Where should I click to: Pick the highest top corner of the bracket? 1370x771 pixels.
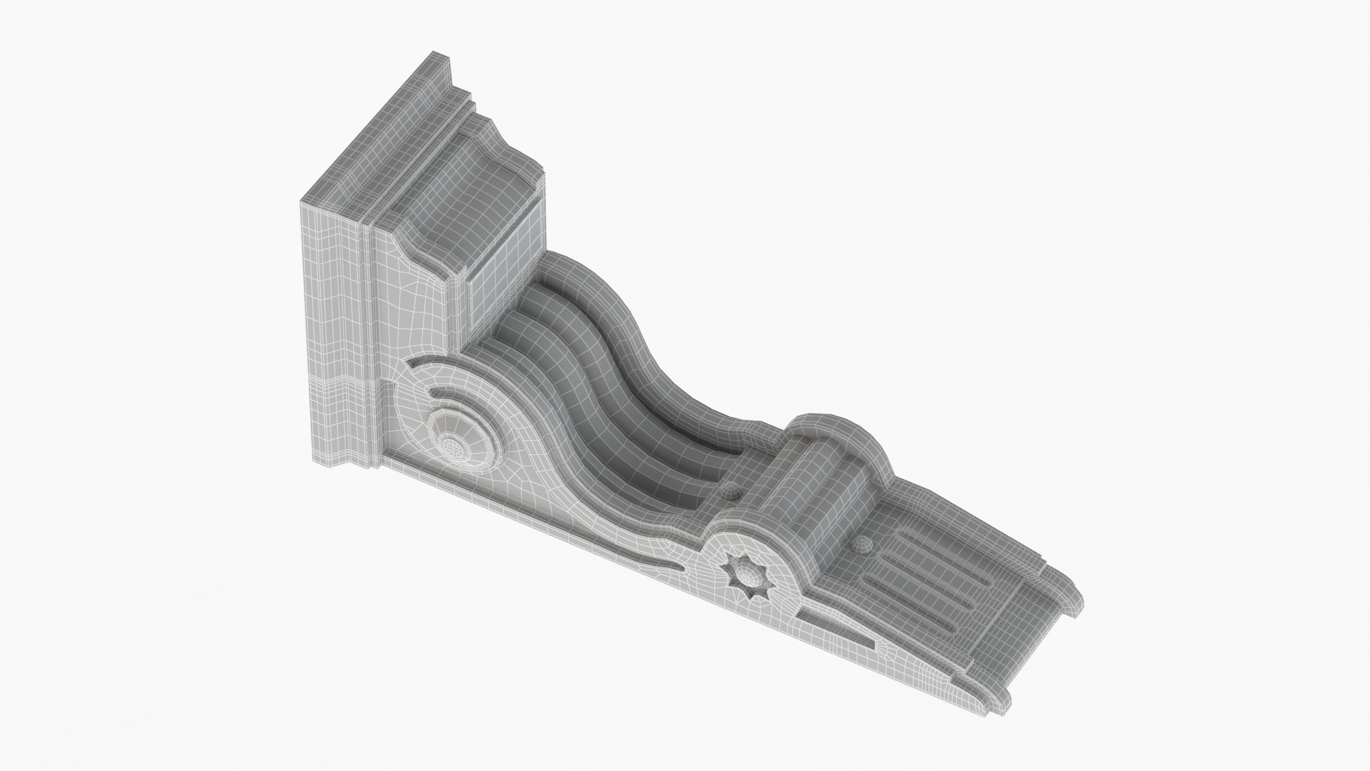pos(434,53)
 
